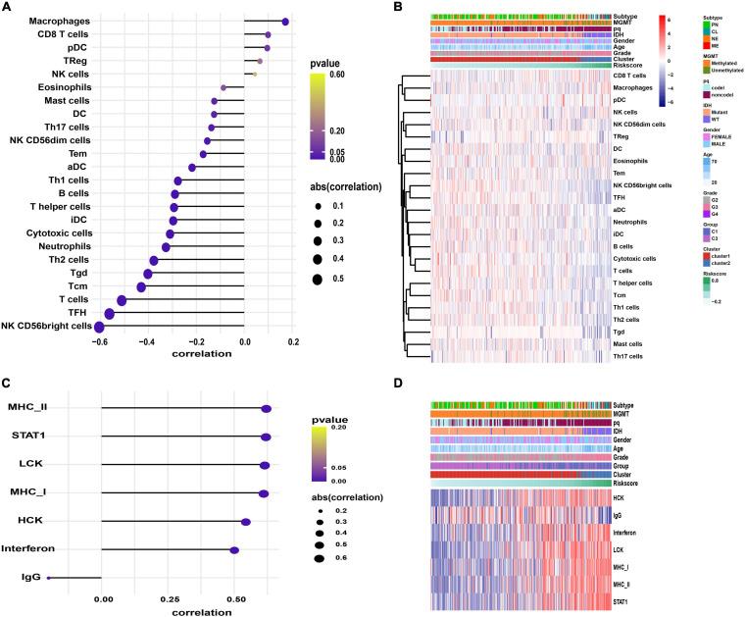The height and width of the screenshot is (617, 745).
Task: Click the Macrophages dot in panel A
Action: [x=285, y=21]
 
